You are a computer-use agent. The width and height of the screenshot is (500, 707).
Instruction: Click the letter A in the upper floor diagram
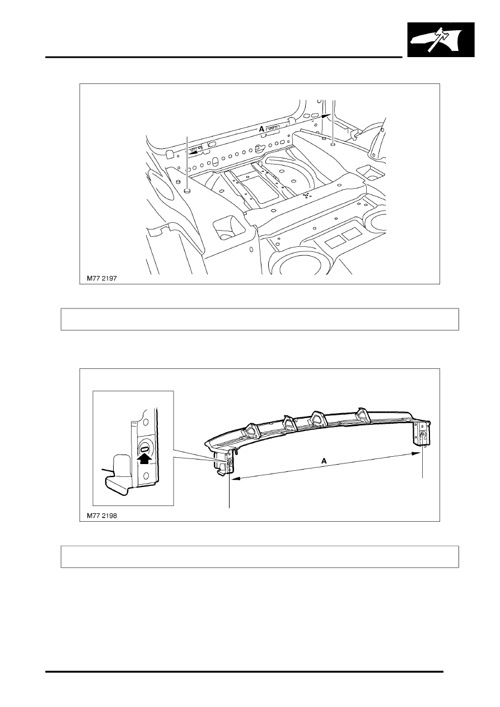coord(261,129)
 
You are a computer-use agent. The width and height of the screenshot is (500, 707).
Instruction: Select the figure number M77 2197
coord(101,277)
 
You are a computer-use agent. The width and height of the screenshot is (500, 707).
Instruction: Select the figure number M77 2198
coord(101,515)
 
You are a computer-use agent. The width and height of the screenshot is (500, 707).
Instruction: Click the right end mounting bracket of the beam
coord(421,434)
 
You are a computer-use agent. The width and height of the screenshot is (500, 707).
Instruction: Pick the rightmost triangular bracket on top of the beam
coord(362,415)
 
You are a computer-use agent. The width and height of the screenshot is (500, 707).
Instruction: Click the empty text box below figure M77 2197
coord(260,319)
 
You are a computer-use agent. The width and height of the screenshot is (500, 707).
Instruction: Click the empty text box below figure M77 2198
coord(260,556)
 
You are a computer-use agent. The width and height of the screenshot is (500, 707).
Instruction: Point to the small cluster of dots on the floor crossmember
coord(306,195)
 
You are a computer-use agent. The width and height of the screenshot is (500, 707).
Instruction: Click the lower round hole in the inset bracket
coord(146,476)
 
